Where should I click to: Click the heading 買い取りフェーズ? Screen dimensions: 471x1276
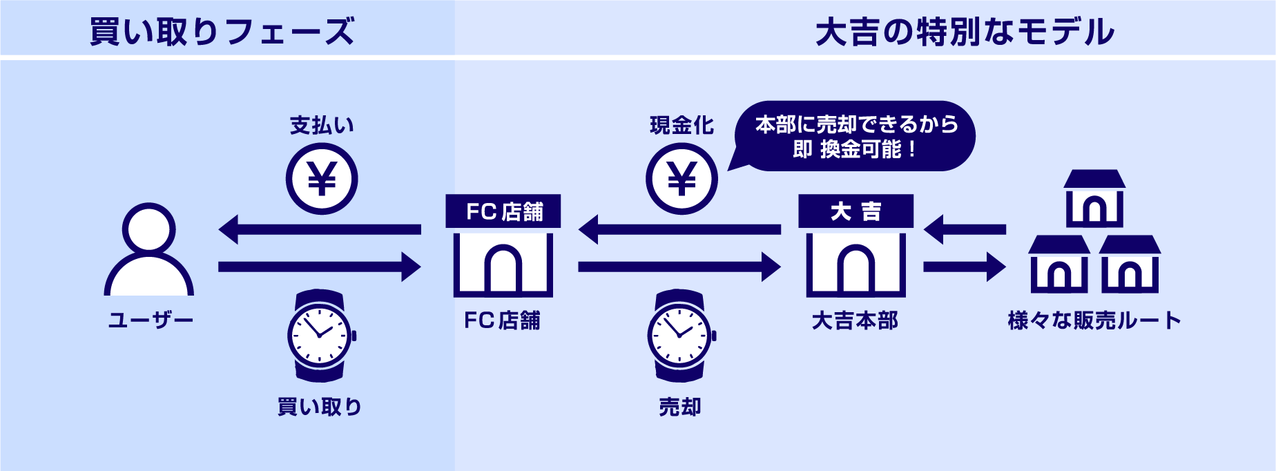point(222,32)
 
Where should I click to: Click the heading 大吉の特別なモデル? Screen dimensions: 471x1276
point(965,32)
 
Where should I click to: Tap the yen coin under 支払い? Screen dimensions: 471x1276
point(322,179)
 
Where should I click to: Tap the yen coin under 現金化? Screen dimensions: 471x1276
point(681,179)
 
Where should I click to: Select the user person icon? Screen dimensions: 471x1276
point(148,250)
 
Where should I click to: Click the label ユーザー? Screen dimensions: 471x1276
point(151,320)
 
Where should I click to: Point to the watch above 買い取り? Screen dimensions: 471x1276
point(320,336)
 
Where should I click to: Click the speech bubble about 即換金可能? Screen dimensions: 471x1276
point(856,137)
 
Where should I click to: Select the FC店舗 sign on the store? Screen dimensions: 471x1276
point(503,211)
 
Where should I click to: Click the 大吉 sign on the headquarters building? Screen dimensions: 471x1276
point(855,211)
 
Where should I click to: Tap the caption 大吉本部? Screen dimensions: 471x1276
point(855,320)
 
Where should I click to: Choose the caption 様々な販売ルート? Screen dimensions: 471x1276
point(1094,320)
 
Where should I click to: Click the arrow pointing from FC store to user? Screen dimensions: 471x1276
point(319,229)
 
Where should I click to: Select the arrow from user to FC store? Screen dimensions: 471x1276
point(319,267)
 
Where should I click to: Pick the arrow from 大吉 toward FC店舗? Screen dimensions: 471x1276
point(679,229)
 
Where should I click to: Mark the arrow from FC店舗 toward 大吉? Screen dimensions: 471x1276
point(679,267)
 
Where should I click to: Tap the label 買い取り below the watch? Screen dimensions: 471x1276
point(320,407)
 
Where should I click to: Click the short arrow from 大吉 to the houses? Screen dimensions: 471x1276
point(964,267)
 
